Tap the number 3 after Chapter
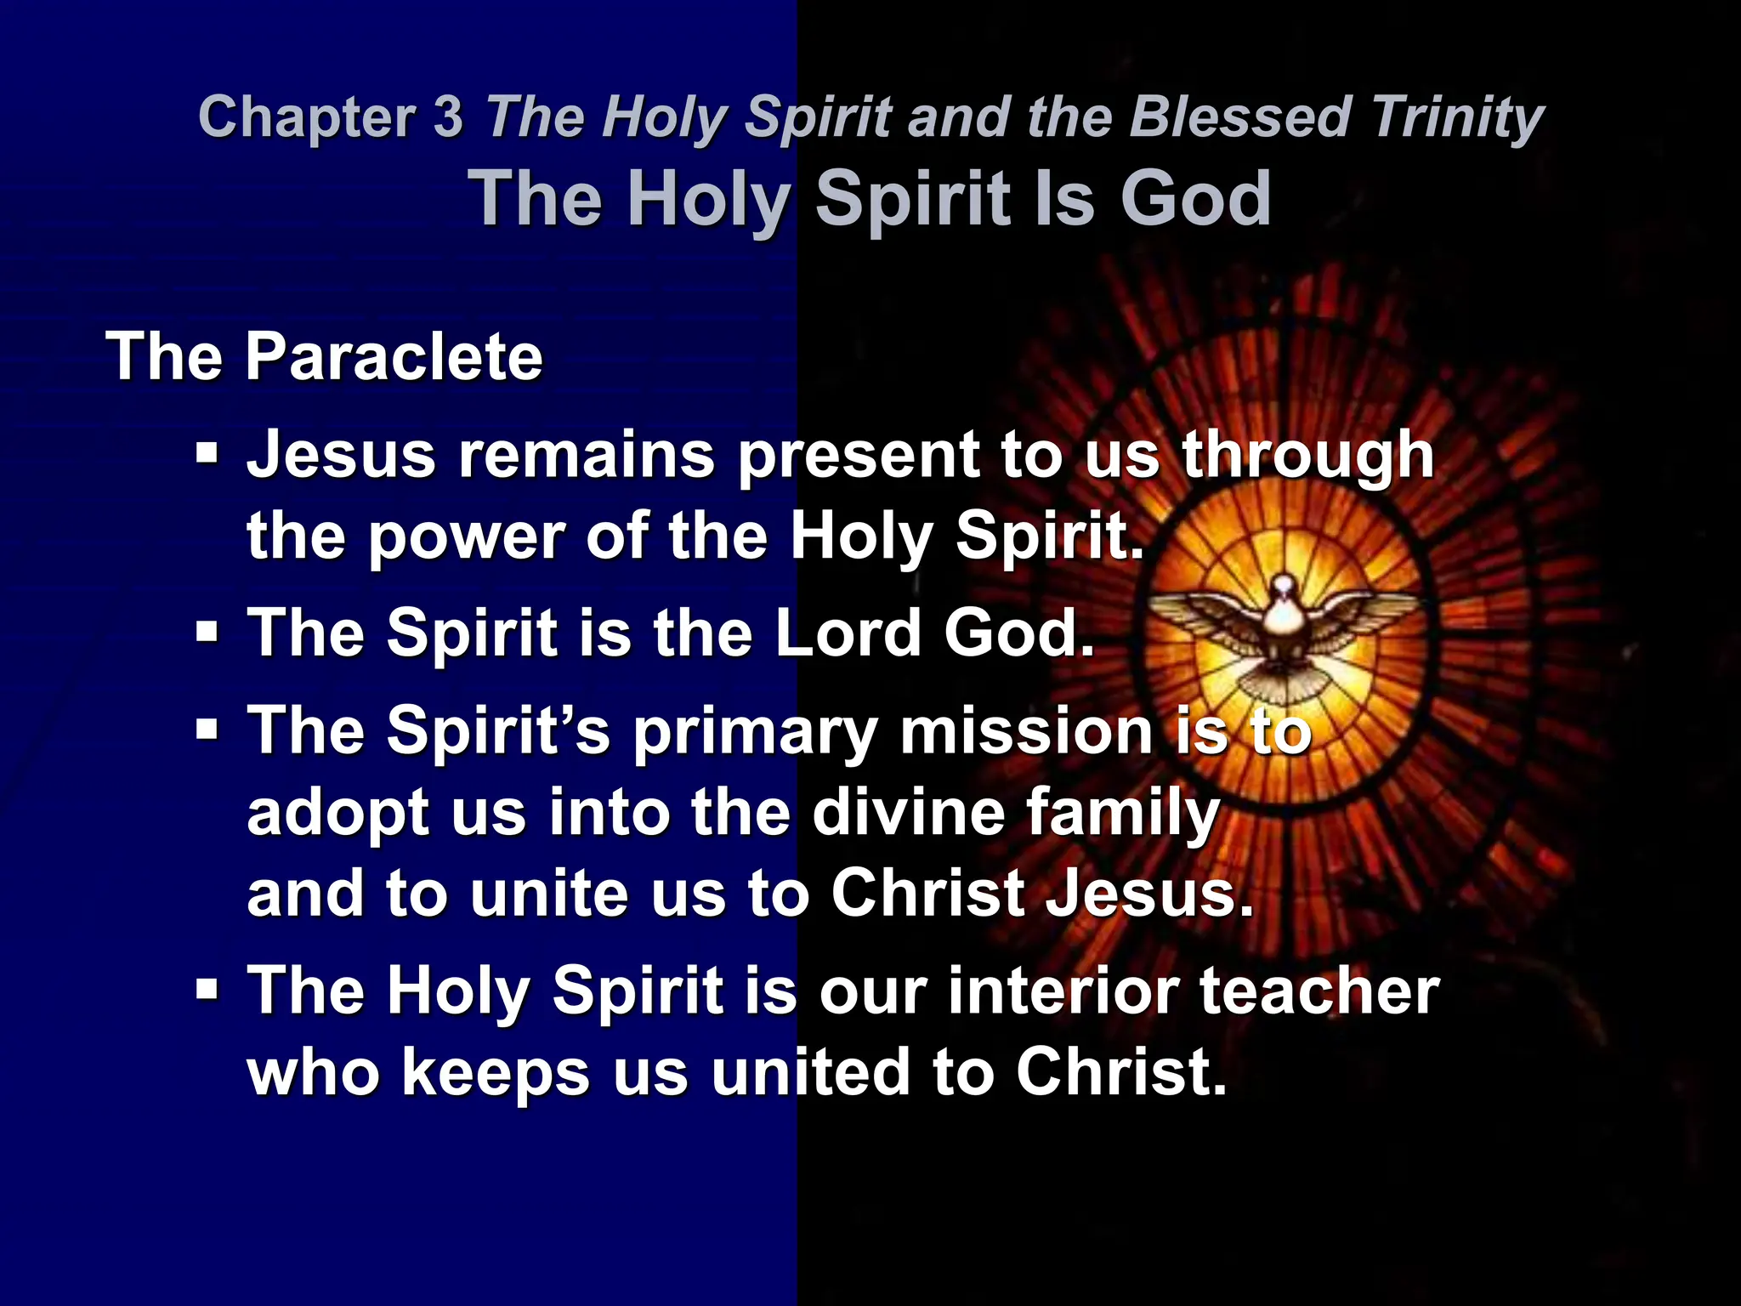pyautogui.click(x=448, y=116)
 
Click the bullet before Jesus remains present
pyautogui.click(x=206, y=451)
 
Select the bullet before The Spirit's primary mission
pyautogui.click(x=206, y=729)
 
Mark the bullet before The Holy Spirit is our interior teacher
pyautogui.click(x=206, y=989)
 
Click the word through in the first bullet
pyautogui.click(x=1308, y=455)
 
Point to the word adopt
pyautogui.click(x=338, y=813)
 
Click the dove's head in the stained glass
pyautogui.click(x=1283, y=587)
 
